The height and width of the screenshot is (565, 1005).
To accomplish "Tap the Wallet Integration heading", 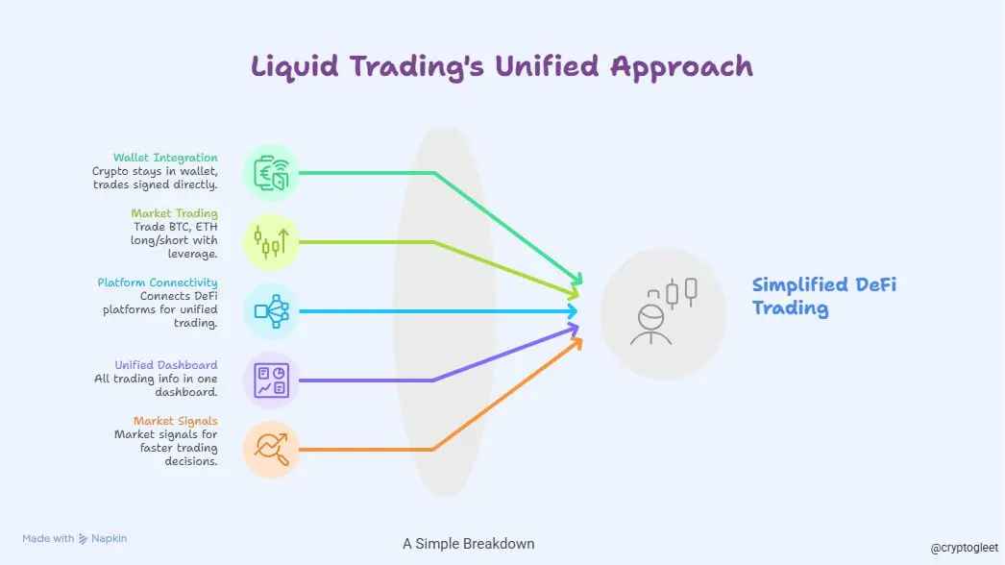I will coord(165,158).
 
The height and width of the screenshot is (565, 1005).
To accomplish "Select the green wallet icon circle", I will coord(272,173).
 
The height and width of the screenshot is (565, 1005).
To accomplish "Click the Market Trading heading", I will coord(175,213).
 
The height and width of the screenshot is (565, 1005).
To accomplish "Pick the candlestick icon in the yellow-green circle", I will coord(272,241).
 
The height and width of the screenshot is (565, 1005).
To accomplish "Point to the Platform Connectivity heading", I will coord(158,282).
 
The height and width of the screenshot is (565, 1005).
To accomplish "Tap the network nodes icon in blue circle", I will coord(272,310).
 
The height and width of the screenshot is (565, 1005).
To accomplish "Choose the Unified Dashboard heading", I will coord(166,365).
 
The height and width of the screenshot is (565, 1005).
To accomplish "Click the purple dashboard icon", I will coord(272,381).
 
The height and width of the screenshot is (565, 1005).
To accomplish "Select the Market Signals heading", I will coord(176,421).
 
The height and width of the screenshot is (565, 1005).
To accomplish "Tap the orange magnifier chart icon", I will coord(272,449).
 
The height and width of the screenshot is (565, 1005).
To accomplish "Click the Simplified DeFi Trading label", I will coord(824,296).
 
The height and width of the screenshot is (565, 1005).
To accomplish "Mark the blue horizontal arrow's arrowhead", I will coord(572,311).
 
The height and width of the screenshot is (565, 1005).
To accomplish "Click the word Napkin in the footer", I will coord(109,539).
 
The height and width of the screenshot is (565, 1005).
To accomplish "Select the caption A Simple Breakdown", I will coord(469,544).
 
